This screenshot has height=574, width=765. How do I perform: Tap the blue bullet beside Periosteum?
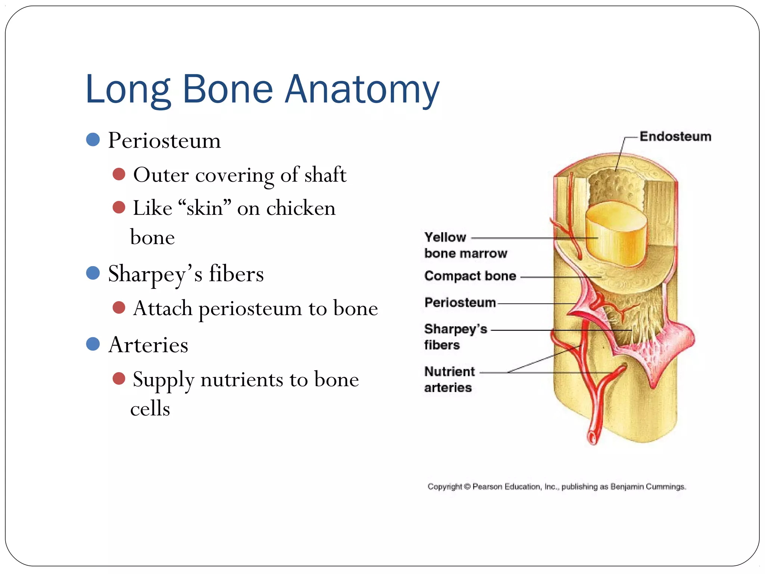pyautogui.click(x=93, y=139)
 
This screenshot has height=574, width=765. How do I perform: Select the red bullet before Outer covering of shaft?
pyautogui.click(x=119, y=174)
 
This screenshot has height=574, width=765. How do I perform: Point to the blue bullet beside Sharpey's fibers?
pyautogui.click(x=93, y=273)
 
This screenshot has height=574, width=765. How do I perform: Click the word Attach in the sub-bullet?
pyautogui.click(x=163, y=308)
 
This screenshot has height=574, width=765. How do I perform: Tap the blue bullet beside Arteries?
pyautogui.click(x=93, y=344)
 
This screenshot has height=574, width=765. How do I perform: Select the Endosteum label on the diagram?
pyautogui.click(x=675, y=136)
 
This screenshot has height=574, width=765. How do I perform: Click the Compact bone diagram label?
pyautogui.click(x=470, y=276)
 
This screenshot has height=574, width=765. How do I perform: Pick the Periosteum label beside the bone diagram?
pyautogui.click(x=460, y=302)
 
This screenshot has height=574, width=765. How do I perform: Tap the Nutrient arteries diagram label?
pyautogui.click(x=449, y=379)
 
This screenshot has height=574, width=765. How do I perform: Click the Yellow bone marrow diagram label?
pyautogui.click(x=465, y=245)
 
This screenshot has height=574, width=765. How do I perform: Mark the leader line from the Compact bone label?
pyautogui.click(x=560, y=277)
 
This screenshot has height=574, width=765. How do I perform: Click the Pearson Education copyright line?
pyautogui.click(x=557, y=487)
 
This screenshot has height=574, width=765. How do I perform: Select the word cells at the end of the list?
pyautogui.click(x=150, y=408)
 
